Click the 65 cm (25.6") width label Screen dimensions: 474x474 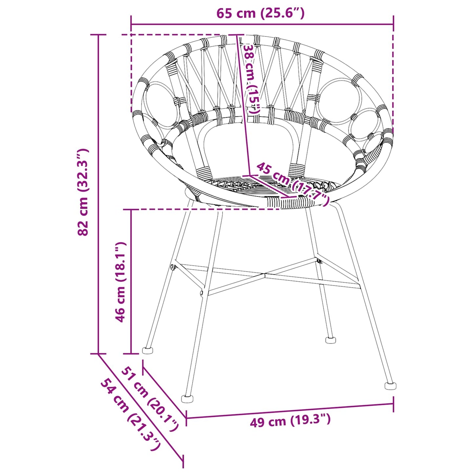260,13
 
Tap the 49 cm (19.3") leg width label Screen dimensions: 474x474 290,422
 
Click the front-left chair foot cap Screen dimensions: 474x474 187,399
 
